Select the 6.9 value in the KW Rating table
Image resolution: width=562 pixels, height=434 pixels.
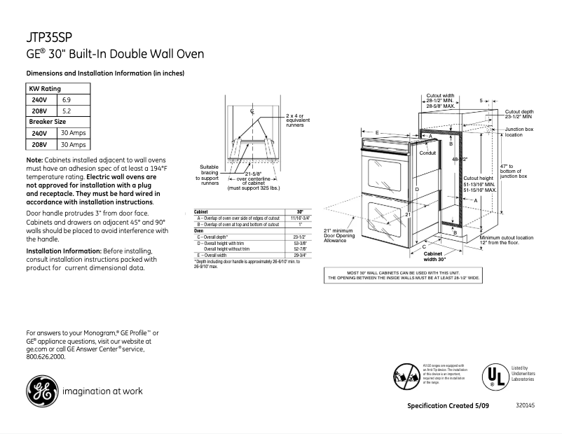click(x=68, y=99)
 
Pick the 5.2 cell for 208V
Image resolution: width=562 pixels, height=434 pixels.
click(x=68, y=111)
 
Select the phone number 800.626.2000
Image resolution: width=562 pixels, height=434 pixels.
click(x=46, y=356)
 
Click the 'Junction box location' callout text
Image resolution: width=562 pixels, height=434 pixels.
click(x=519, y=132)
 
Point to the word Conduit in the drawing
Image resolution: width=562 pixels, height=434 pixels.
click(x=427, y=153)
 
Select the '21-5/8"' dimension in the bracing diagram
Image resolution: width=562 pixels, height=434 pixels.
click(x=254, y=173)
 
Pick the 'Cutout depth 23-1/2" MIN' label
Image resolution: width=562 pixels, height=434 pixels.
click(x=519, y=114)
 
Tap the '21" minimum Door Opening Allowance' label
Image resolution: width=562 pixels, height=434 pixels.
click(x=339, y=235)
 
